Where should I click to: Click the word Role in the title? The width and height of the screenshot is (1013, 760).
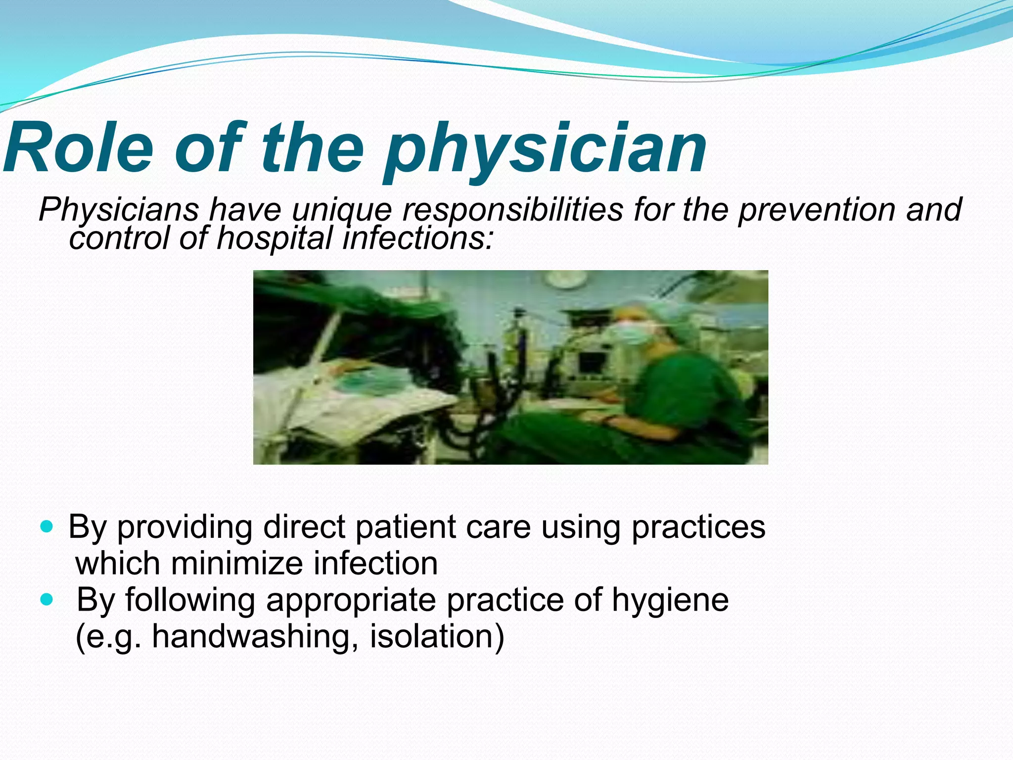pyautogui.click(x=79, y=148)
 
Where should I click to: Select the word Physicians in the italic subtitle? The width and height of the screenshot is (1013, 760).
pyautogui.click(x=119, y=209)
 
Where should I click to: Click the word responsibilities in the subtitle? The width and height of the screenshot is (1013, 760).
pyautogui.click(x=512, y=209)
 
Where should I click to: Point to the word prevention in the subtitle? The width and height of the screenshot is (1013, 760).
pyautogui.click(x=817, y=209)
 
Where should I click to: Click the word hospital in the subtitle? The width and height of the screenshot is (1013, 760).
pyautogui.click(x=275, y=238)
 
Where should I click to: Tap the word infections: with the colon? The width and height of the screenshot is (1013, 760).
pyautogui.click(x=418, y=238)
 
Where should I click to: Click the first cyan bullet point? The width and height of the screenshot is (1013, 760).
pyautogui.click(x=46, y=527)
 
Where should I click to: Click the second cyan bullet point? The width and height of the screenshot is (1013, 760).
pyautogui.click(x=46, y=600)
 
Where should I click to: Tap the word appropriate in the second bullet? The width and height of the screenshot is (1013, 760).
pyautogui.click(x=351, y=600)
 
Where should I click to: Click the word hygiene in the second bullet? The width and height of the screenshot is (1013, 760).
pyautogui.click(x=670, y=600)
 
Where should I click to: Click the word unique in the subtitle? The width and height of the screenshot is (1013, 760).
pyautogui.click(x=341, y=209)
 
